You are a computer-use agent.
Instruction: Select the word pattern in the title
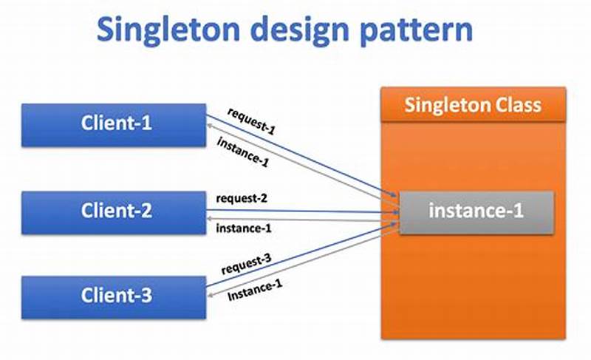pyautogui.click(x=418, y=32)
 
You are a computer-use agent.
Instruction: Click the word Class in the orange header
pyautogui.click(x=517, y=104)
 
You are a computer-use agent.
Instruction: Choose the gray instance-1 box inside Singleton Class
pyautogui.click(x=476, y=212)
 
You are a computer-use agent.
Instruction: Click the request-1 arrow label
pyautogui.click(x=251, y=120)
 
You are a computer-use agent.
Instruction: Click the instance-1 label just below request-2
pyautogui.click(x=243, y=228)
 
